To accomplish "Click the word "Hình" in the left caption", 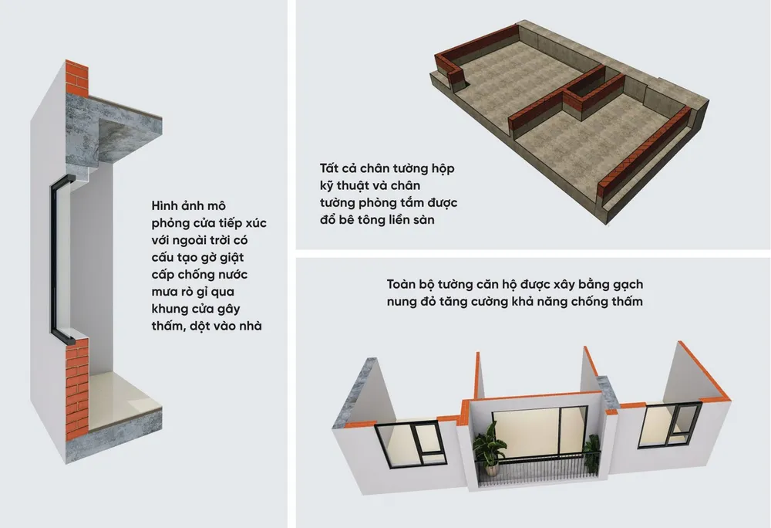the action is pos(165,205).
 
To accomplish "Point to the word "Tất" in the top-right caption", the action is pos(328,168).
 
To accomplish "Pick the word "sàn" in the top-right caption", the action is pos(424,220).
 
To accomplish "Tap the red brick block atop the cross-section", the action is pos(76,78).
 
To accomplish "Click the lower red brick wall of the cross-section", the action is pos(76,389).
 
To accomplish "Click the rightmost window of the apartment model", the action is pos(670,425).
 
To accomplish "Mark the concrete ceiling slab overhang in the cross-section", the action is pos(127,132).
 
